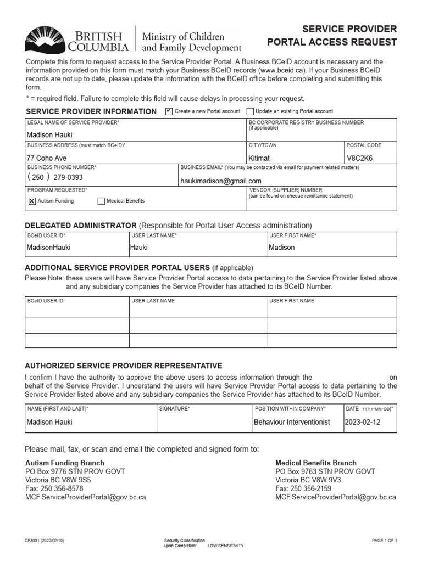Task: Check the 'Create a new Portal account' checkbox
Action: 169,111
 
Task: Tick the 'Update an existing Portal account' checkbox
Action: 250,111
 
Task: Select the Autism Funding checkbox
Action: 31,201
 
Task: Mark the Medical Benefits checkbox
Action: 101,201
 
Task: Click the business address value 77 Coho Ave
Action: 47,158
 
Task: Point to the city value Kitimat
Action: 259,158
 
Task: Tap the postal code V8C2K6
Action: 359,158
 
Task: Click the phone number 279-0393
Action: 68,177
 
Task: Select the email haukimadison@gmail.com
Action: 221,181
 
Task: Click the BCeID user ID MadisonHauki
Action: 49,247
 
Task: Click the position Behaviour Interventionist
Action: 291,422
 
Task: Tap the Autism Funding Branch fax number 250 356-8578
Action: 63,488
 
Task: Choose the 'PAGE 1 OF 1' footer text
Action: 384,541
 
